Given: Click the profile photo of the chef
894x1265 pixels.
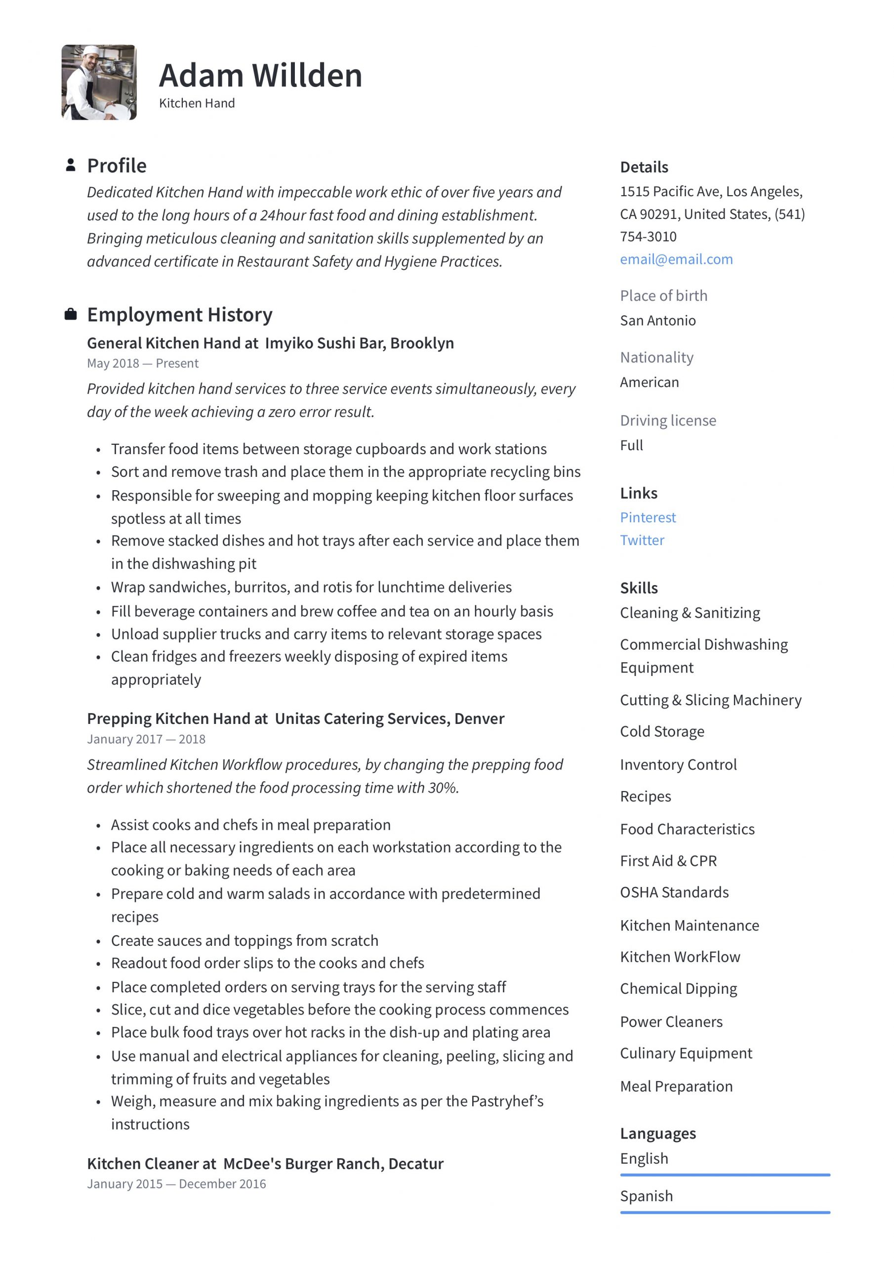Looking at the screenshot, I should [x=99, y=82].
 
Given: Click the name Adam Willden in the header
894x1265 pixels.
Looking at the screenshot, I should [x=260, y=76].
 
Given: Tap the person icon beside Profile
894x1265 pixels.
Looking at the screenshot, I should [x=70, y=165].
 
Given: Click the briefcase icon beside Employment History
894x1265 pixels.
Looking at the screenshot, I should [x=70, y=314].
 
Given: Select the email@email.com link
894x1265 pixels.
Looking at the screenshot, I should [x=676, y=259].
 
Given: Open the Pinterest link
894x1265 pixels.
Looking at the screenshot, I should [x=647, y=517].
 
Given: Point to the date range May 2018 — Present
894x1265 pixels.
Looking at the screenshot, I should [x=143, y=363].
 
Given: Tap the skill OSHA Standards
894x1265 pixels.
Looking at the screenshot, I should [x=674, y=892].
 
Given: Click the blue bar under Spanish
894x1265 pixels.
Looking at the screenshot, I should [x=725, y=1212].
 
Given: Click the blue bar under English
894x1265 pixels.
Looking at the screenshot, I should [x=725, y=1175].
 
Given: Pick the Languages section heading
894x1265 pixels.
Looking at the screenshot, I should [x=658, y=1134].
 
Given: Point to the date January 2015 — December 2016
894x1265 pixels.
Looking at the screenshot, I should [x=176, y=1183].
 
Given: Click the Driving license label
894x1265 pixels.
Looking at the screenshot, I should [x=668, y=421].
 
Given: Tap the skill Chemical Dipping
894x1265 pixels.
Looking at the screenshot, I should [x=678, y=988].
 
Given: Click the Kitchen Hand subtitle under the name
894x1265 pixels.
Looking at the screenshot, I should [x=197, y=103].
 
